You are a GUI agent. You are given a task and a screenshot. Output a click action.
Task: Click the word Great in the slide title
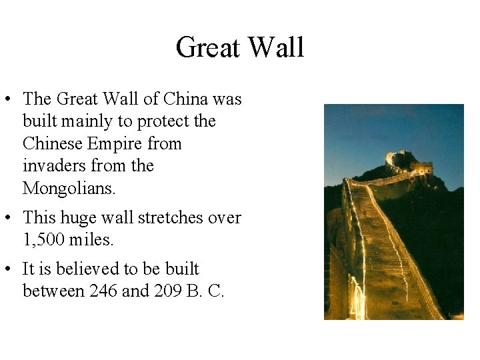pos(207,48)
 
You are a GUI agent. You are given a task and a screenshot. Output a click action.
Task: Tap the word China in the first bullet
pos(186,99)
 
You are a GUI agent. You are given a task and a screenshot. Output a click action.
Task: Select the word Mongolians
pos(69,188)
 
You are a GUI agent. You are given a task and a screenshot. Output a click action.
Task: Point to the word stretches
pos(169,217)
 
